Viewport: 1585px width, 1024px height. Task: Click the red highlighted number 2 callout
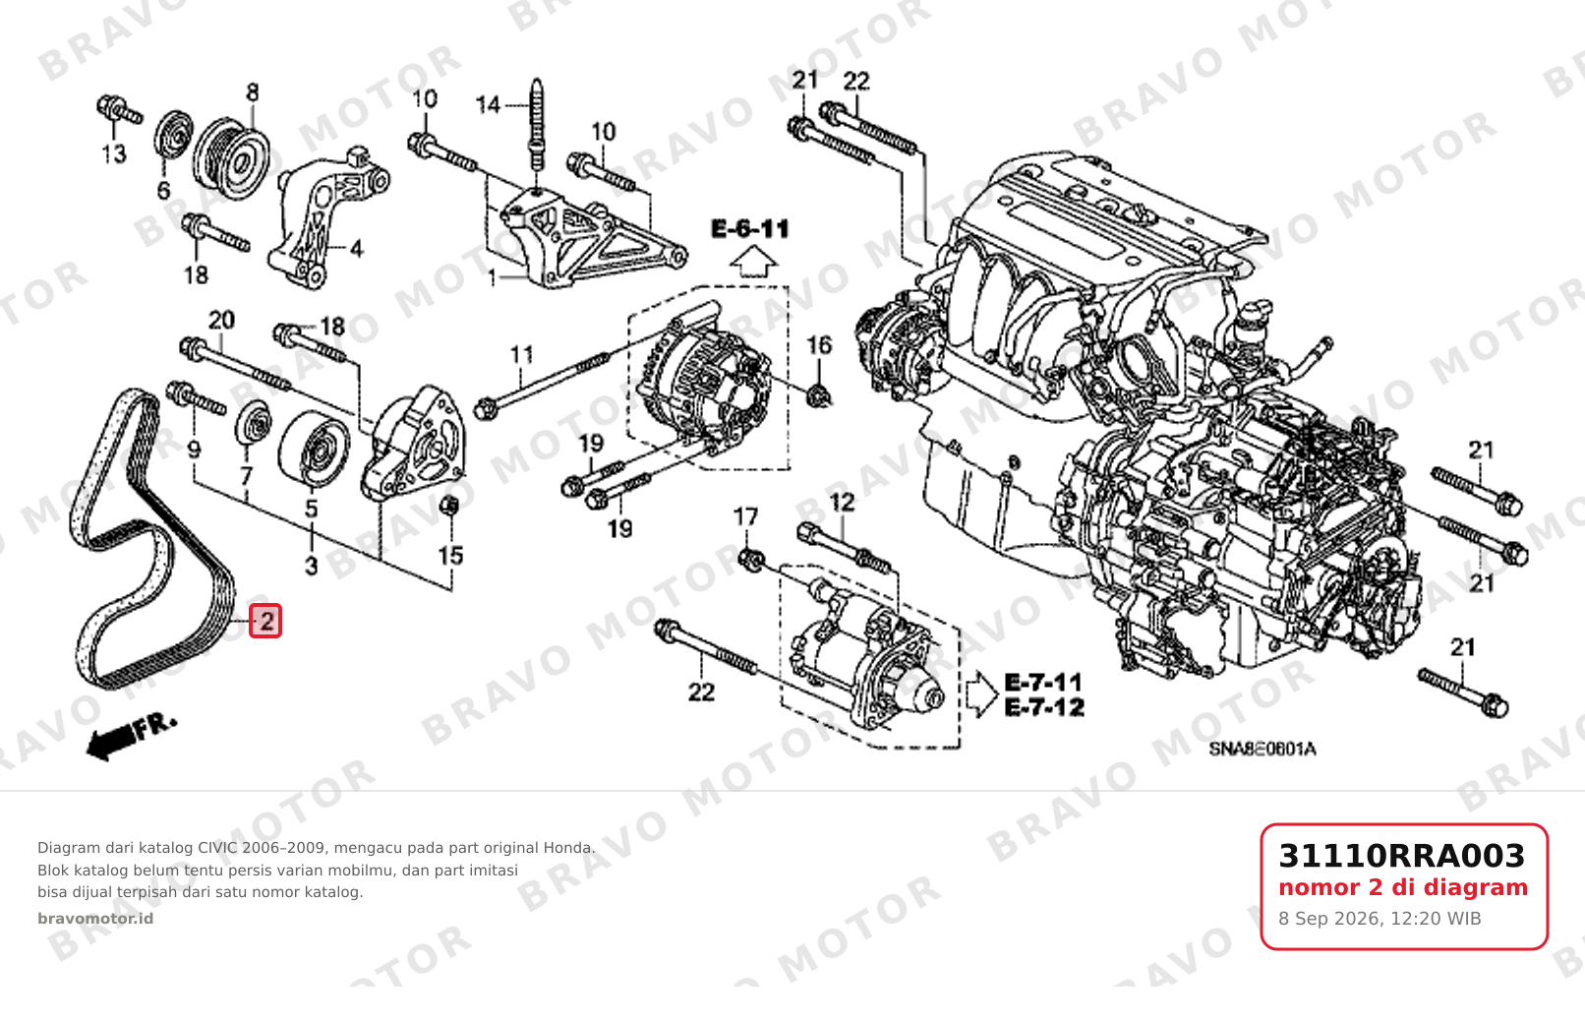click(x=265, y=622)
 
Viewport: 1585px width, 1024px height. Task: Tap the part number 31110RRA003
click(x=1402, y=856)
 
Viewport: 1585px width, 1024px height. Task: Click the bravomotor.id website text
click(x=95, y=919)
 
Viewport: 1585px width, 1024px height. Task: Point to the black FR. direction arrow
click(x=130, y=738)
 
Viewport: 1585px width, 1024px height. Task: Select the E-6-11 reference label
click(x=750, y=229)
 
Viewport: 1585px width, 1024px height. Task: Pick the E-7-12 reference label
click(x=1044, y=707)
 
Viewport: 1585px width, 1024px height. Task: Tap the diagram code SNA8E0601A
click(x=1262, y=749)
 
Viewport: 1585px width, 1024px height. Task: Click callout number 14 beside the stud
click(x=489, y=105)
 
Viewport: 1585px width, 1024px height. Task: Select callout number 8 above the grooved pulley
click(x=253, y=92)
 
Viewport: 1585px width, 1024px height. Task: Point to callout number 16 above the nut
click(x=819, y=345)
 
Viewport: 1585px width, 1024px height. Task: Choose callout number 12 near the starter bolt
click(x=842, y=503)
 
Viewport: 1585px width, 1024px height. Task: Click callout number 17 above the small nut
click(x=746, y=516)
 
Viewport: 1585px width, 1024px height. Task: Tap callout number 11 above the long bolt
click(x=521, y=354)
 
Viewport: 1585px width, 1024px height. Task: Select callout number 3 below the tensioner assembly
click(x=312, y=567)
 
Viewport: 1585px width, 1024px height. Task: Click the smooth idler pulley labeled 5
click(x=314, y=449)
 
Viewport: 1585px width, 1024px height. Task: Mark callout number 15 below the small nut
click(x=450, y=556)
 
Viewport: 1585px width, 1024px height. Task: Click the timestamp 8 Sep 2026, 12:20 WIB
click(x=1380, y=919)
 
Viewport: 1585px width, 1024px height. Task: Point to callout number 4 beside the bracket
click(x=357, y=249)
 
